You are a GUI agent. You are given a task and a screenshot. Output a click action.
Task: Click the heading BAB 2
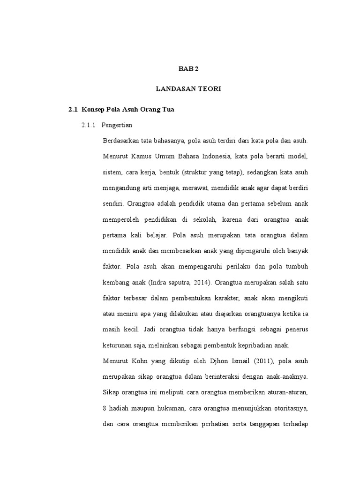(x=188, y=68)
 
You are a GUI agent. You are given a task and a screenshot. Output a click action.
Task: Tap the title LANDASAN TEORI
(x=188, y=89)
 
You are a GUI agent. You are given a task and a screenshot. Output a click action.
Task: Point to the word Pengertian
(x=117, y=125)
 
